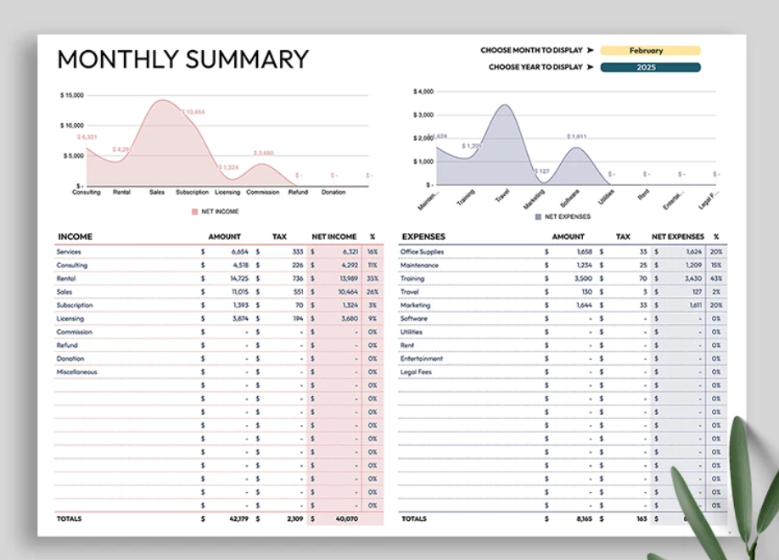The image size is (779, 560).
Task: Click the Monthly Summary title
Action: tap(182, 59)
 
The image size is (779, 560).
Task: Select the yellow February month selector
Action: tap(650, 50)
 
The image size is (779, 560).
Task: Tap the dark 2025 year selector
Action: tap(650, 67)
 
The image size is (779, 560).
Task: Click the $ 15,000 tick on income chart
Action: tap(71, 95)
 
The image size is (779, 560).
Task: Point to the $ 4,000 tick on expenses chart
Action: tap(423, 91)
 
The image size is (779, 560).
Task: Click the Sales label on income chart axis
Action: tap(157, 192)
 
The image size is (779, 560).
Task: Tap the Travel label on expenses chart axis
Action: tap(502, 196)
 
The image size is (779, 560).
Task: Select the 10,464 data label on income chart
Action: tap(193, 112)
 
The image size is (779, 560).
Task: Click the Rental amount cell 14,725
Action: tap(238, 278)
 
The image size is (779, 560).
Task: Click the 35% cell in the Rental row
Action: tap(373, 278)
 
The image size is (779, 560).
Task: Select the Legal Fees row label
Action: tap(416, 372)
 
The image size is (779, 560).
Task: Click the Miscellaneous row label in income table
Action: tap(76, 372)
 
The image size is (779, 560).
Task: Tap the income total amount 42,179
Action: tap(238, 518)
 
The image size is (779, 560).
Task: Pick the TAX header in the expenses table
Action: tap(623, 237)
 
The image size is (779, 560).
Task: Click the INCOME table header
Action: tap(76, 237)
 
